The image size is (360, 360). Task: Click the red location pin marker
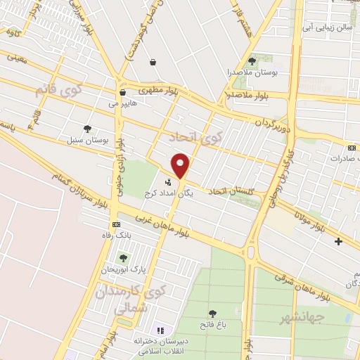[x=181, y=165]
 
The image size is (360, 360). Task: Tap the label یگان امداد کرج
[x=168, y=192]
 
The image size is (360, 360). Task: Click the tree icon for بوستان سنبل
[x=86, y=129]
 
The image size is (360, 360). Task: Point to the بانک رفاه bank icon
[x=115, y=224]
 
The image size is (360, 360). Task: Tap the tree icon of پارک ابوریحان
[x=124, y=258]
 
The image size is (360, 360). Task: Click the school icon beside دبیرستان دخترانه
[x=160, y=329]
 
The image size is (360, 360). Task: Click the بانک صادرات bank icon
[x=352, y=148]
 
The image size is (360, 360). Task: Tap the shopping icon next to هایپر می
[x=123, y=92]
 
